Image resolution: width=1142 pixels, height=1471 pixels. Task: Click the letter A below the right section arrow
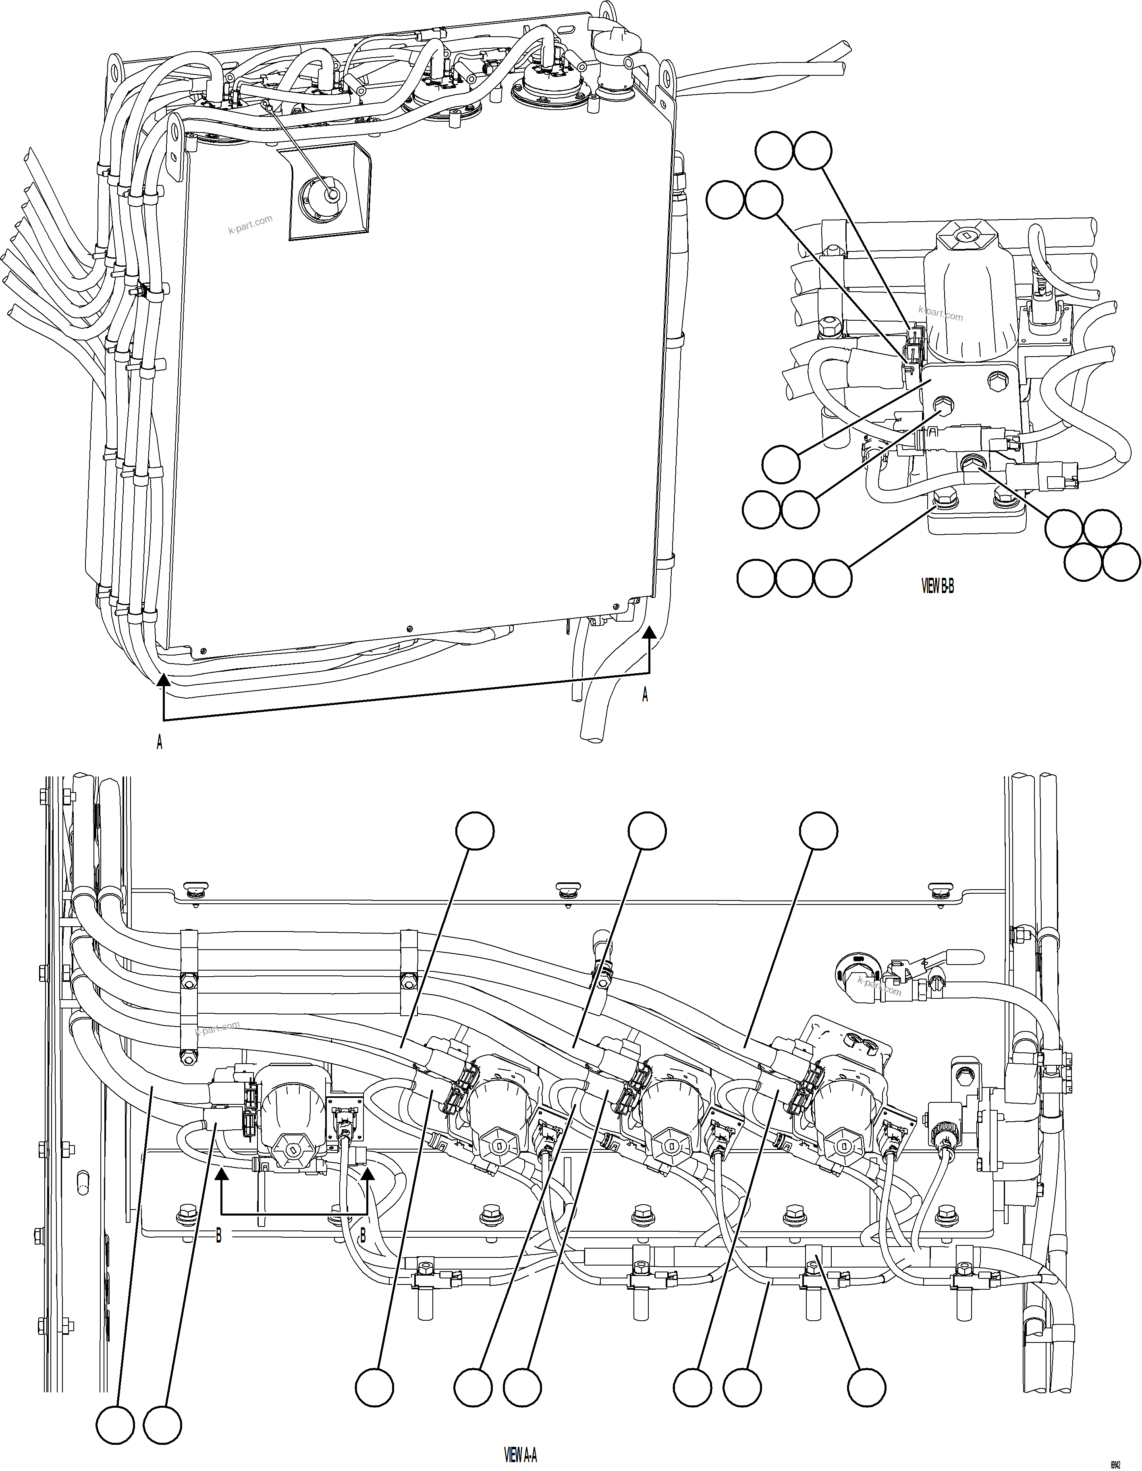point(645,695)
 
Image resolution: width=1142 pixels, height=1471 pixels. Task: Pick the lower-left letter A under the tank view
point(160,742)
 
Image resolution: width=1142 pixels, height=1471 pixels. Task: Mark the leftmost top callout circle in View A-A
point(475,831)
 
